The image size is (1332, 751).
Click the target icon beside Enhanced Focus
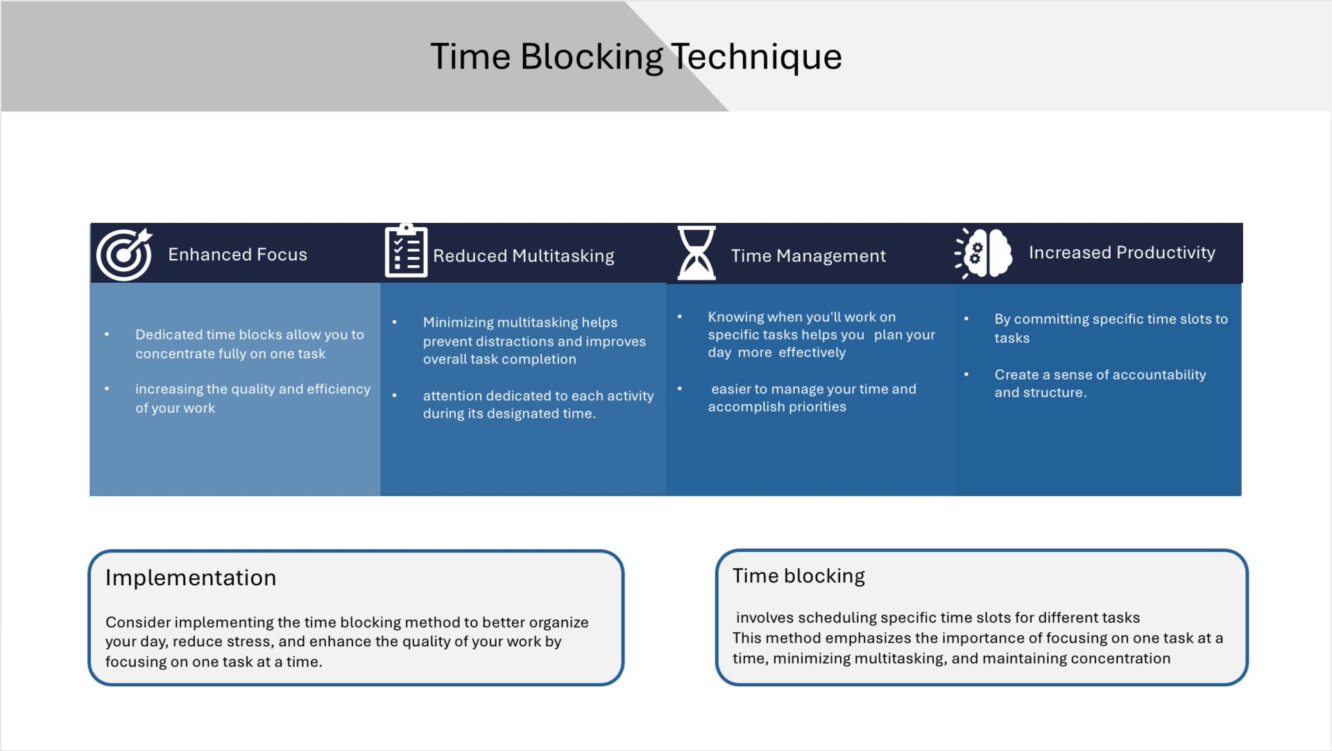point(124,254)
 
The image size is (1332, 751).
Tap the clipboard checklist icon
point(406,251)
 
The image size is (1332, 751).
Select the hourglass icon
point(696,253)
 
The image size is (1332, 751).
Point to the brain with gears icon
point(984,253)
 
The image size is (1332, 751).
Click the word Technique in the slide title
point(756,56)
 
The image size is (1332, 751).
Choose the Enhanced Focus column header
point(237,255)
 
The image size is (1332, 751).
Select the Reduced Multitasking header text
point(523,256)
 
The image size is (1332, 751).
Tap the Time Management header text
point(808,256)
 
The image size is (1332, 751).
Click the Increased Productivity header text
point(1122,253)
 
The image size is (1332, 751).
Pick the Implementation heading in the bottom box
point(191,577)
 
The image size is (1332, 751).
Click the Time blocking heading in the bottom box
point(799,576)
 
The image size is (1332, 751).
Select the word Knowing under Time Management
point(734,317)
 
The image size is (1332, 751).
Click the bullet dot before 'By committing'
point(966,319)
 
